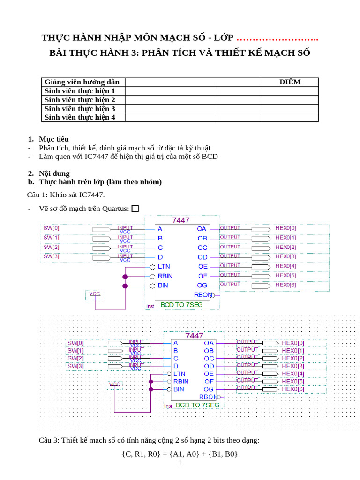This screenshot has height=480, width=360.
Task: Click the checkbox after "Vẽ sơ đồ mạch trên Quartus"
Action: pyautogui.click(x=135, y=209)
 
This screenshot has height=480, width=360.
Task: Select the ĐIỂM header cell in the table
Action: pyautogui.click(x=290, y=82)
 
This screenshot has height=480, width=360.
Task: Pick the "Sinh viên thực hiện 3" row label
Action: pyautogui.click(x=80, y=108)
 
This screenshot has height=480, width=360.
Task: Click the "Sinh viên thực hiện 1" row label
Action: pyautogui.click(x=80, y=91)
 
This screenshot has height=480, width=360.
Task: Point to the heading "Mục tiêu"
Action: pyautogui.click(x=54, y=139)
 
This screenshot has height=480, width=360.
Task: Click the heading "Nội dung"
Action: pyautogui.click(x=54, y=173)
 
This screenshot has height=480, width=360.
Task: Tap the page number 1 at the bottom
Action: pyautogui.click(x=180, y=464)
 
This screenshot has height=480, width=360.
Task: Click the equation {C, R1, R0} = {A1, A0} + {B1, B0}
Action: pyautogui.click(x=180, y=453)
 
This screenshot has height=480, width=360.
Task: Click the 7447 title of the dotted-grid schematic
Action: pyautogui.click(x=195, y=336)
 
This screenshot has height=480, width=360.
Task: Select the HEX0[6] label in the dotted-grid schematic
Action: pyautogui.click(x=293, y=389)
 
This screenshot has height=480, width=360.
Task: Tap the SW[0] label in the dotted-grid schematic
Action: pyautogui.click(x=75, y=343)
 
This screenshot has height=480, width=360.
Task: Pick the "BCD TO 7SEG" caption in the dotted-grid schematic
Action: pyautogui.click(x=197, y=405)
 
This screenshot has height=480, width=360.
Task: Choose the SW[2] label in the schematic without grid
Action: pyautogui.click(x=52, y=247)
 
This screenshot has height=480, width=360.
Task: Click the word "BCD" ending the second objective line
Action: pyautogui.click(x=209, y=156)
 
